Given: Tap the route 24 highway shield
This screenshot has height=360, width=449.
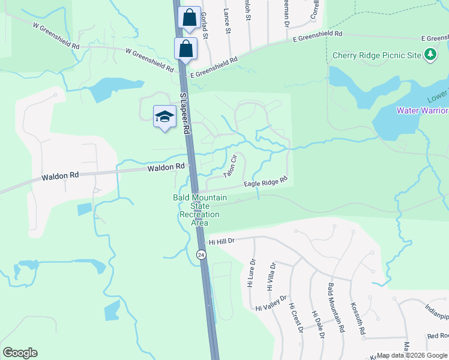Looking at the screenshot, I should (x=200, y=254).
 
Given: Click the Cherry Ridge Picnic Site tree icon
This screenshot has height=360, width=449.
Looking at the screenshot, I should (x=430, y=55).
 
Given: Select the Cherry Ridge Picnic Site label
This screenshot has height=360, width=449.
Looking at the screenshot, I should (x=377, y=56).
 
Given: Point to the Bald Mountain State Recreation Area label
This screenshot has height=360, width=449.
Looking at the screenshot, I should (x=200, y=210).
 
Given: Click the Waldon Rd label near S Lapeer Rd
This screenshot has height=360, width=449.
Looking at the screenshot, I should (x=166, y=167).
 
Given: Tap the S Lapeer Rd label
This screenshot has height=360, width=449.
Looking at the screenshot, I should (x=185, y=113).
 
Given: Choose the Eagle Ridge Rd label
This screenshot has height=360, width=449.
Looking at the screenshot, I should (x=266, y=182).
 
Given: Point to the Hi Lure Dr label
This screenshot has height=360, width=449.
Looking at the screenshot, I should (x=252, y=273).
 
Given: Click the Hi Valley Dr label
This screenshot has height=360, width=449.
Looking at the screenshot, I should (x=271, y=303).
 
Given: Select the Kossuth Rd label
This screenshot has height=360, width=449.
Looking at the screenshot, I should (x=359, y=318).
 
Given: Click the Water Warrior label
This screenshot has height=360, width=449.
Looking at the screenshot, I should (x=422, y=110).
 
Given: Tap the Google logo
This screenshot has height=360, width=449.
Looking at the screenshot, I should (x=20, y=353).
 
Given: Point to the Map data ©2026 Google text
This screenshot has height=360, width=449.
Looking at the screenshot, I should (x=411, y=355).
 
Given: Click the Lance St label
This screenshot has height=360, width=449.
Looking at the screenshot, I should (x=228, y=20).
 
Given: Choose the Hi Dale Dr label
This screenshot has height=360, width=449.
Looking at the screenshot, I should (x=318, y=325).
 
